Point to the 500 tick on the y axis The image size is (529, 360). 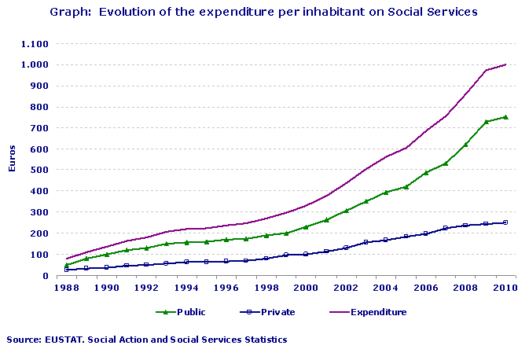[x=42, y=170]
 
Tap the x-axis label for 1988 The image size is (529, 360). [x=66, y=288]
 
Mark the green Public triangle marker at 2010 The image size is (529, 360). [x=505, y=117]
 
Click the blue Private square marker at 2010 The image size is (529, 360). [x=505, y=222]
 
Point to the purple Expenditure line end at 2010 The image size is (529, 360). [x=505, y=64]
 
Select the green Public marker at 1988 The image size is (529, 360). [x=67, y=265]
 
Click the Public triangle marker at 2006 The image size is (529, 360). [x=425, y=172]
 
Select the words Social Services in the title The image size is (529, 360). [x=429, y=13]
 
